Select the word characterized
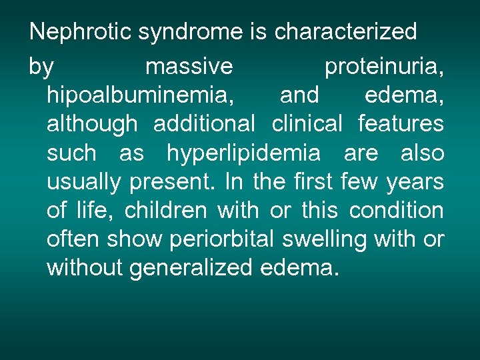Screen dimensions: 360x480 click(345, 31)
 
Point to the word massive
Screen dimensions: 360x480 click(189, 67)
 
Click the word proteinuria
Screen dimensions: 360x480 click(383, 67)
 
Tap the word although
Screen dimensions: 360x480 click(92, 124)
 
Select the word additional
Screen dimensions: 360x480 click(205, 124)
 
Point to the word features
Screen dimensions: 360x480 click(401, 124)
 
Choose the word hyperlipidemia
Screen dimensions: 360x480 click(243, 153)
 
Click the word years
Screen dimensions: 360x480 click(416, 182)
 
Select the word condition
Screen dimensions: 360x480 click(396, 211)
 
